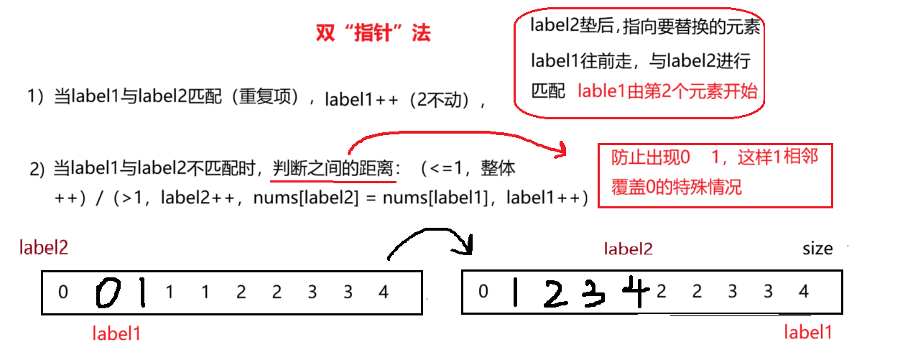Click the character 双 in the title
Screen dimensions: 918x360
[324, 34]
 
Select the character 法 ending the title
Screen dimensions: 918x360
[422, 34]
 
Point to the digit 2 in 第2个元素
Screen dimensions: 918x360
[666, 91]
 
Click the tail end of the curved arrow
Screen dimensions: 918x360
[350, 152]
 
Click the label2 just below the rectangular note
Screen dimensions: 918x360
[629, 249]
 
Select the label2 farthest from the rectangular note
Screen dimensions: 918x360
[44, 248]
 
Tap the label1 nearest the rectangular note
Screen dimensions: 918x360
[808, 332]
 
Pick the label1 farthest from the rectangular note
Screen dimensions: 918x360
[116, 333]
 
